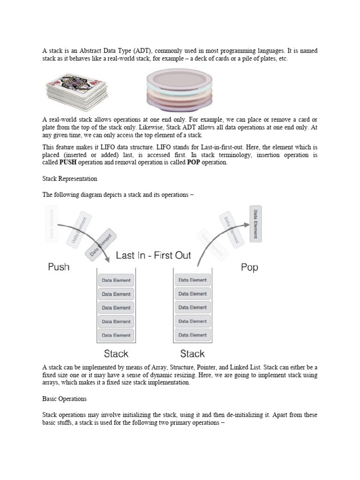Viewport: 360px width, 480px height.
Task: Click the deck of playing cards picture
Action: click(x=76, y=90)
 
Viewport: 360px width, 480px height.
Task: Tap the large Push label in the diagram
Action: click(x=59, y=267)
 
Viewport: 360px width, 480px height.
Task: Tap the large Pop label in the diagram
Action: click(x=248, y=268)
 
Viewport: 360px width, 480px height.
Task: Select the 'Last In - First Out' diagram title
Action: click(x=153, y=255)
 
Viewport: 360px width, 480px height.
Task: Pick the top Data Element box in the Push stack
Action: click(x=116, y=281)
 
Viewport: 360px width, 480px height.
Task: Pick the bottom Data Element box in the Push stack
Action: click(x=116, y=336)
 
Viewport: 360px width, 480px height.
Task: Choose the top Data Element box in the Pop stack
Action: click(x=192, y=280)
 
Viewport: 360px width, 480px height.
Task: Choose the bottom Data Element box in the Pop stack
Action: click(x=192, y=335)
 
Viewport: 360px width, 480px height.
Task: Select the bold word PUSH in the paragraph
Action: click(x=67, y=162)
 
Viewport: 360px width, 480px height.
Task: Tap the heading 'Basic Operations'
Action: click(x=65, y=399)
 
